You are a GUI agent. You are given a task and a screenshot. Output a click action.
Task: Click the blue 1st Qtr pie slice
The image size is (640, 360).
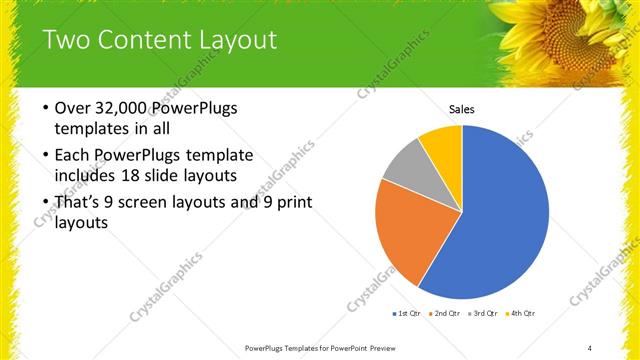pyautogui.click(x=500, y=220)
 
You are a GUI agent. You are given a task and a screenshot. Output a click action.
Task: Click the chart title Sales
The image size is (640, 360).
pyautogui.click(x=461, y=109)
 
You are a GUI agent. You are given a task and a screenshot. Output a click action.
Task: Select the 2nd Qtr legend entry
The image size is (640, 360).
pyautogui.click(x=444, y=314)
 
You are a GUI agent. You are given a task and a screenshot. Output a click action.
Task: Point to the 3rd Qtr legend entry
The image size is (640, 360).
pyautogui.click(x=483, y=314)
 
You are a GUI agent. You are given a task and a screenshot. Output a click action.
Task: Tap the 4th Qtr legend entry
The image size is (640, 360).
pyautogui.click(x=521, y=314)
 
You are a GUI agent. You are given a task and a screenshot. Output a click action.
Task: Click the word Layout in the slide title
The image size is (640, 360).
pyautogui.click(x=238, y=41)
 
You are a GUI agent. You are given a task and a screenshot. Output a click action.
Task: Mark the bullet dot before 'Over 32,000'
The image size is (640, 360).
pyautogui.click(x=46, y=108)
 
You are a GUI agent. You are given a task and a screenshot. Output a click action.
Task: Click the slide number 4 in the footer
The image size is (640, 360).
pyautogui.click(x=590, y=347)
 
